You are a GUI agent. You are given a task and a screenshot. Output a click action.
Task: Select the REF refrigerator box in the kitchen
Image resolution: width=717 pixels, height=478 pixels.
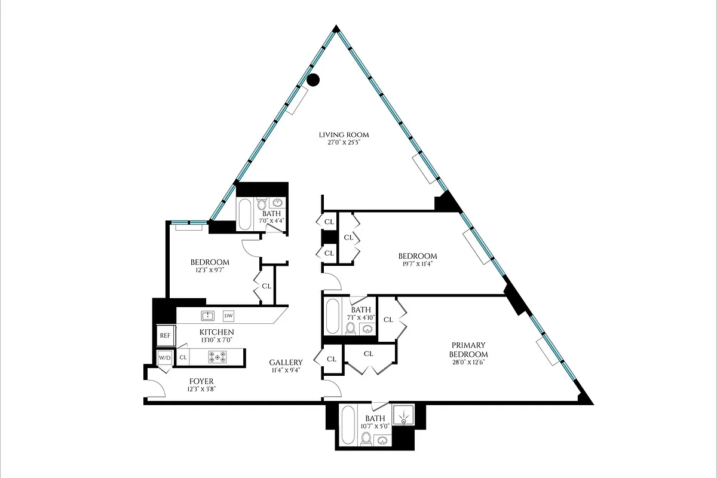(165, 336)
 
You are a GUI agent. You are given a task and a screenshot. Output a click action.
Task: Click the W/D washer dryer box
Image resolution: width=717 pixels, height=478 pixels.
(164, 358)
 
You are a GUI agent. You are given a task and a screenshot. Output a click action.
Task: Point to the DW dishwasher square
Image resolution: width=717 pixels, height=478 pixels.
(228, 315)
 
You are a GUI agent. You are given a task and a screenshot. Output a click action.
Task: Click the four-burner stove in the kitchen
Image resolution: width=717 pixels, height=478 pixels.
(217, 357)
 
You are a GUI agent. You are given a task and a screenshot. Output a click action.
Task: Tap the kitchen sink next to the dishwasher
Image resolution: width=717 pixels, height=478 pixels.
(207, 315)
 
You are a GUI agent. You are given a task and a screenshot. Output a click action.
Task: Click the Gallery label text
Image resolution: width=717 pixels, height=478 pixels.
(286, 362)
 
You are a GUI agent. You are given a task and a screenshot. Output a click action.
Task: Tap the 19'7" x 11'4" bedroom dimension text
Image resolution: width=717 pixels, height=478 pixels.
(418, 265)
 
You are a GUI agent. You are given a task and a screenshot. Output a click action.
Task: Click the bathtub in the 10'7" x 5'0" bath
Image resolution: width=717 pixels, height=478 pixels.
(348, 426)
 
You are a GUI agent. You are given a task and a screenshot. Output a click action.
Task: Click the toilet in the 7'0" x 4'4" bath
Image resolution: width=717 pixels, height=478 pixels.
(261, 206)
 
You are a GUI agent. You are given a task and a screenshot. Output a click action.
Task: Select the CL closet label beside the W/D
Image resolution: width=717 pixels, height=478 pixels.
(183, 358)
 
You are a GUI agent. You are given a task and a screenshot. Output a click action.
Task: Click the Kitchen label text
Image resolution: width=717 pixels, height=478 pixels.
(216, 332)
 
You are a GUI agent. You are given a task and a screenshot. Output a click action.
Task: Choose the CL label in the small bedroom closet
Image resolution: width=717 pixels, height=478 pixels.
(266, 286)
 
